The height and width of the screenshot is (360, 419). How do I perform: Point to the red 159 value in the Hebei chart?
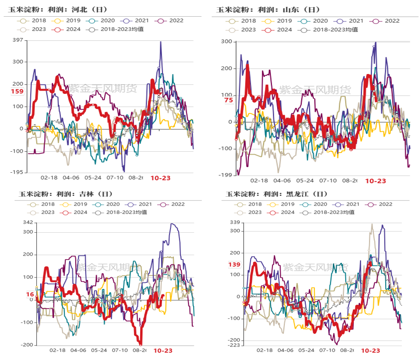point(17,92)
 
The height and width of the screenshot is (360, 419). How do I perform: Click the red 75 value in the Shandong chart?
point(228,100)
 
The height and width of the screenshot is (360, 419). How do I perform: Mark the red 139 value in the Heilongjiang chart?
point(234,265)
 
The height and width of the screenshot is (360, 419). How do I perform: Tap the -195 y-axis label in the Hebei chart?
point(17,172)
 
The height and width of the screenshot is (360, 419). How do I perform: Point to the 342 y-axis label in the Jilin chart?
point(28,222)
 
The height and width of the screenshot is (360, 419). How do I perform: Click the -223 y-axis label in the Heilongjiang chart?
point(234,345)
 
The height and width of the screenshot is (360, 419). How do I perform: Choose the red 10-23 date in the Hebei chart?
point(161,177)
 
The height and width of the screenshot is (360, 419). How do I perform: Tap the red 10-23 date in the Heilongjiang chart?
point(370,351)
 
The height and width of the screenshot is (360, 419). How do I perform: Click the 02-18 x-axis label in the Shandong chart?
point(259,181)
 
